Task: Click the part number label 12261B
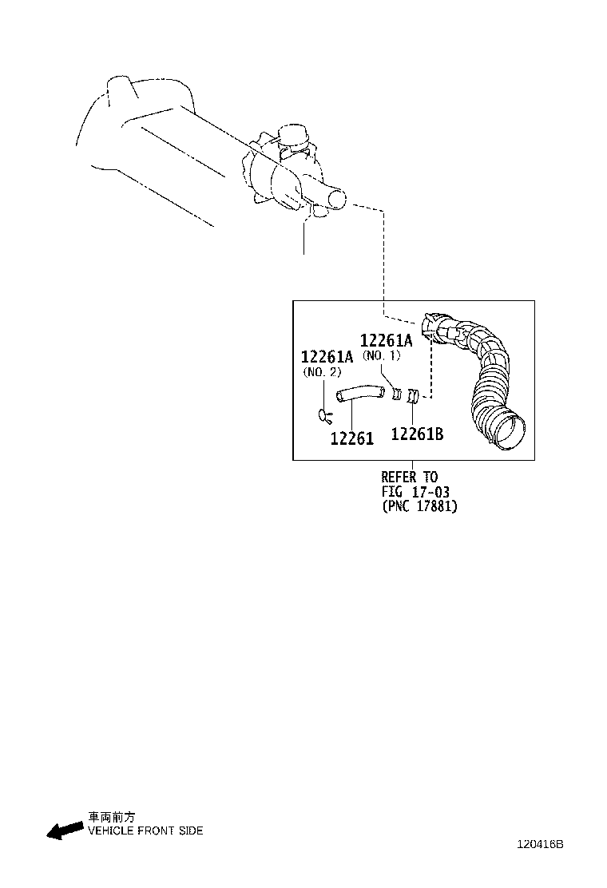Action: pyautogui.click(x=417, y=434)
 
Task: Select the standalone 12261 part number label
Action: pyautogui.click(x=351, y=438)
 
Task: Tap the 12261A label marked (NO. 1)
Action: pyautogui.click(x=386, y=339)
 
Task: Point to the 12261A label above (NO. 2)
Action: pyautogui.click(x=327, y=357)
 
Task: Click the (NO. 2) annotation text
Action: pyautogui.click(x=322, y=372)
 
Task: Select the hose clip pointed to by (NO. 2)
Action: pyautogui.click(x=324, y=414)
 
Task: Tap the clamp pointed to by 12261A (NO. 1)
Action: pyautogui.click(x=396, y=394)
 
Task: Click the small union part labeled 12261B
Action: pyautogui.click(x=413, y=395)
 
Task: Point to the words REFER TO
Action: pyautogui.click(x=409, y=478)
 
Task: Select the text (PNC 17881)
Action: pyautogui.click(x=419, y=506)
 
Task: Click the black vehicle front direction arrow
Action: pyautogui.click(x=65, y=831)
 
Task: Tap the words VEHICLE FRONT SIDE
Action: pyautogui.click(x=145, y=831)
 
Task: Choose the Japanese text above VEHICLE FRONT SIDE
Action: pyautogui.click(x=111, y=818)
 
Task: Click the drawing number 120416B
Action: pyautogui.click(x=539, y=844)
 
